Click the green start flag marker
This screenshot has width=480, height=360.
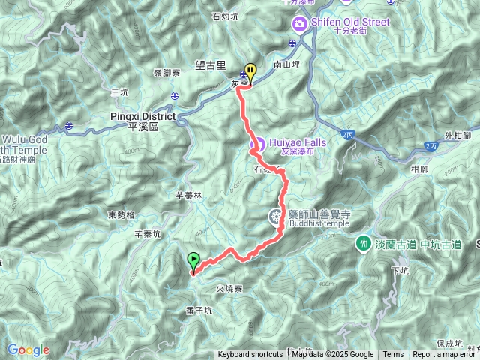click(194, 262)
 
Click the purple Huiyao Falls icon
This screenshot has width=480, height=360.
click(255, 143)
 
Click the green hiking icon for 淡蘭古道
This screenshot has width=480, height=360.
click(363, 244)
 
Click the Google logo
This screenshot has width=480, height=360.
click(28, 349)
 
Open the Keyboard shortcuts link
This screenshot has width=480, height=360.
click(250, 355)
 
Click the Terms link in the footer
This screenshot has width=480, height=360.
click(393, 355)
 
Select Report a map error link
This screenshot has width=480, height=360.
click(445, 355)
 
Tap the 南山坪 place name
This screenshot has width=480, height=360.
click(287, 65)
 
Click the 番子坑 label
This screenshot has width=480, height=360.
click(199, 310)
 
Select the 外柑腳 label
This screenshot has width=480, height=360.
click(456, 136)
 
